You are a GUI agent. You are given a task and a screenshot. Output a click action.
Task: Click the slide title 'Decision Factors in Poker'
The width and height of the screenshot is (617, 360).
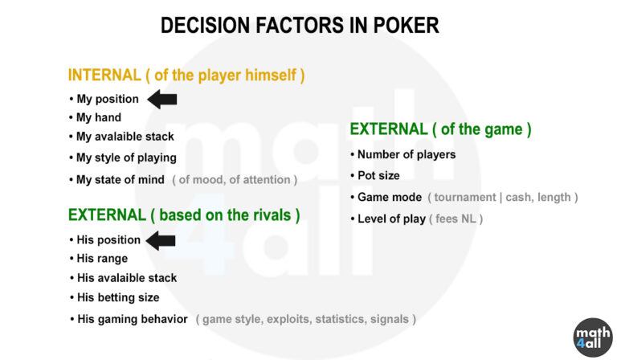pyautogui.click(x=300, y=26)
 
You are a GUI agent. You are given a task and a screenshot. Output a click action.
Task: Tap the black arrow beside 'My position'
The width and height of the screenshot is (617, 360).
pyautogui.click(x=163, y=99)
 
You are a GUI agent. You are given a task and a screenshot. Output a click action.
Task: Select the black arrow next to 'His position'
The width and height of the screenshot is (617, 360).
pyautogui.click(x=161, y=239)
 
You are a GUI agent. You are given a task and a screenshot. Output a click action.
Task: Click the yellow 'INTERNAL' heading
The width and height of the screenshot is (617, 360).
pyautogui.click(x=104, y=76)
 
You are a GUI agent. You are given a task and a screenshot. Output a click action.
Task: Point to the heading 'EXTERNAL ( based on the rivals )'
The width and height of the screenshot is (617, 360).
pyautogui.click(x=184, y=215)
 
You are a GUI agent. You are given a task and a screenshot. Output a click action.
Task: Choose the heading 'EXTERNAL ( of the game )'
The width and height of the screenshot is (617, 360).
pyautogui.click(x=440, y=129)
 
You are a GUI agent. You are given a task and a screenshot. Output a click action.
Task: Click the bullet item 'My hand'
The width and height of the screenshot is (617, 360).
pyautogui.click(x=98, y=117)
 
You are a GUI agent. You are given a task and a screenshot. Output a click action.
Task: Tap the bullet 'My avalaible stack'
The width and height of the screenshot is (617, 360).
pyautogui.click(x=125, y=137)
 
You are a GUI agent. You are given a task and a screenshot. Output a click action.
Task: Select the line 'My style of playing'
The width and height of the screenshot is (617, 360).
pyautogui.click(x=125, y=157)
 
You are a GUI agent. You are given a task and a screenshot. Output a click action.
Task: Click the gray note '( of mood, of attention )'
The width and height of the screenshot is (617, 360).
pyautogui.click(x=235, y=180)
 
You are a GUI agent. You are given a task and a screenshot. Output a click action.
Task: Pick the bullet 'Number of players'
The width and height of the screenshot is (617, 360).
pyautogui.click(x=406, y=154)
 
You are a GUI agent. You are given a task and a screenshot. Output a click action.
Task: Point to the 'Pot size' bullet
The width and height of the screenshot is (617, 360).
pyautogui.click(x=378, y=175)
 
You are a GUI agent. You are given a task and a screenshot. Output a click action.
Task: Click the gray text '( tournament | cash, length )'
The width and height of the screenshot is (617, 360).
pyautogui.click(x=502, y=197)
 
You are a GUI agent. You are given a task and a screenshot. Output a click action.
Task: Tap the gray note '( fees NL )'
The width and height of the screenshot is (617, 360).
pyautogui.click(x=456, y=219)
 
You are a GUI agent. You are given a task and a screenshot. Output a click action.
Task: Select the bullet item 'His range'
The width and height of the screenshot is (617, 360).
pyautogui.click(x=102, y=259)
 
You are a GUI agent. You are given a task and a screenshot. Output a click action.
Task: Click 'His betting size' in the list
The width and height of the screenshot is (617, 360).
pyautogui.click(x=118, y=297)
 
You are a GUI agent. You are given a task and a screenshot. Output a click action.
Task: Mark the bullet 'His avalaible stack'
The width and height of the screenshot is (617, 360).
pyautogui.click(x=127, y=278)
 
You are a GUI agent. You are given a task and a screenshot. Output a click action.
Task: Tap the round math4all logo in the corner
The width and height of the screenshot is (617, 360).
pyautogui.click(x=593, y=337)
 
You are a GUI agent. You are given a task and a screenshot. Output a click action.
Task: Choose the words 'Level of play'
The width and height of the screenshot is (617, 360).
pyautogui.click(x=391, y=219)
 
